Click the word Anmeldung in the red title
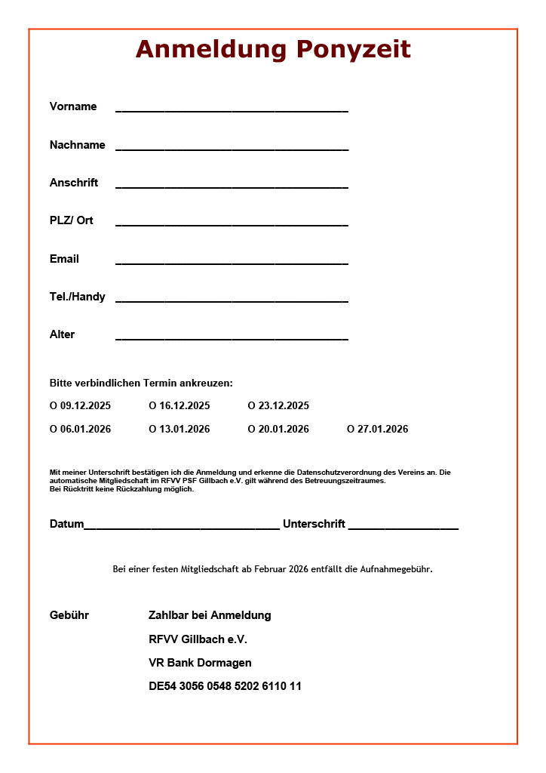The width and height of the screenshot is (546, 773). [213, 50]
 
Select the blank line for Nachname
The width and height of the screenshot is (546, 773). [232, 147]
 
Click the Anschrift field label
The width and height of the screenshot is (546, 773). [74, 183]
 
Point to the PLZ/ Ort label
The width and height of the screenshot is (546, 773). [72, 220]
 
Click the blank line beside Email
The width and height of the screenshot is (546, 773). [232, 261]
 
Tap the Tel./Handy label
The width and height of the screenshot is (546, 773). [78, 297]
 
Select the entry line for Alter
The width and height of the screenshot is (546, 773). [232, 337]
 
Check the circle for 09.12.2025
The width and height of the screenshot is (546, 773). [54, 406]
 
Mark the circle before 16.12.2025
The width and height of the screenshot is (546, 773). [152, 406]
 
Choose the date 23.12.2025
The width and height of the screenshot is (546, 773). [284, 406]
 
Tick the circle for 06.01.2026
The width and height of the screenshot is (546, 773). [54, 430]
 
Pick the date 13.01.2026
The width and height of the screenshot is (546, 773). [185, 430]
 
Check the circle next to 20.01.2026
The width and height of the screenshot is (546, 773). [252, 430]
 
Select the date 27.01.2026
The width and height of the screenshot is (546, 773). [383, 430]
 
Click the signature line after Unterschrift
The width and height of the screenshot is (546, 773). [403, 527]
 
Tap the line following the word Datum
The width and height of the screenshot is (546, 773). [182, 527]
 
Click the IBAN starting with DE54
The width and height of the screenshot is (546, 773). [225, 686]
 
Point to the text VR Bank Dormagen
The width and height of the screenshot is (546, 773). [200, 663]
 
